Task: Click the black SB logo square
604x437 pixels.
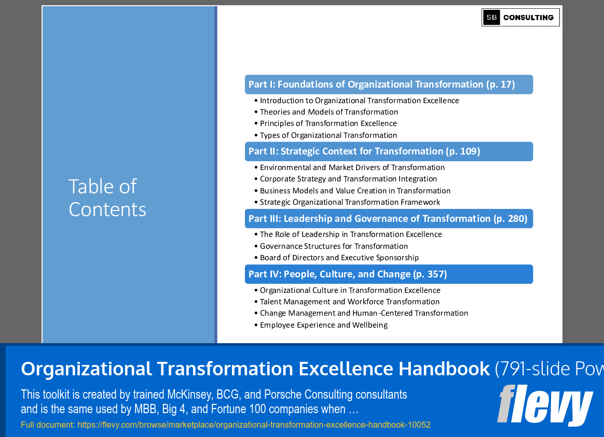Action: [491, 17]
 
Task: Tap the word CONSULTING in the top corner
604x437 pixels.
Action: [528, 18]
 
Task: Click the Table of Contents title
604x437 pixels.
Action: [107, 198]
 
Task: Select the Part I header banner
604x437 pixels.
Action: [389, 84]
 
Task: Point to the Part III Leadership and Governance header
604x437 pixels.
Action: [389, 219]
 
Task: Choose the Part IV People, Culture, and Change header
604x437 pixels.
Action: [389, 274]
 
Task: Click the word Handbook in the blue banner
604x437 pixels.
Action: [444, 369]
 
